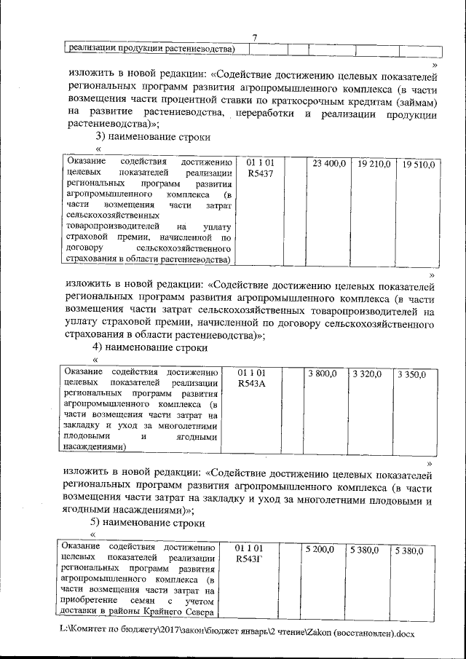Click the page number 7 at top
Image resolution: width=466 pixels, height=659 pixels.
pyautogui.click(x=255, y=39)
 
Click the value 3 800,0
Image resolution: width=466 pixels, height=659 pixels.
pyautogui.click(x=322, y=373)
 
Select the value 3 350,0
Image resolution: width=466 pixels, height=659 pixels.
pyautogui.click(x=412, y=374)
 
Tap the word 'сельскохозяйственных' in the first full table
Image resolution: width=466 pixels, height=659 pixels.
pyautogui.click(x=110, y=216)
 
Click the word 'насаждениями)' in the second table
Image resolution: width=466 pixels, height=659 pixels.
pyautogui.click(x=95, y=447)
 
